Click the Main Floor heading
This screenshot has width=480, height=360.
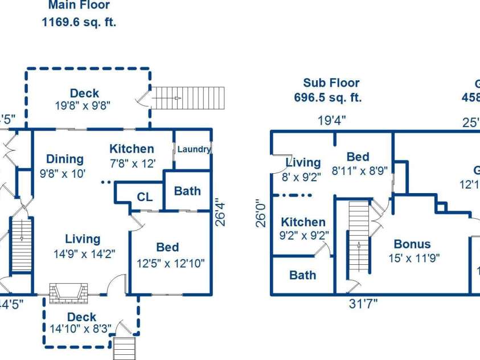[79, 6]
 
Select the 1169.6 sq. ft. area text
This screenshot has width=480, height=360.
[79, 23]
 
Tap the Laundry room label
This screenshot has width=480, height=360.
[194, 149]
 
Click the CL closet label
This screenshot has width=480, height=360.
[145, 197]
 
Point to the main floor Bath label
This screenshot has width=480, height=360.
[187, 191]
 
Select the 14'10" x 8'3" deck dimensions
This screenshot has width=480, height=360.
[81, 329]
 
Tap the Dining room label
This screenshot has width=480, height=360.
[65, 159]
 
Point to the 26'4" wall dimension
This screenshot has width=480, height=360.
[221, 212]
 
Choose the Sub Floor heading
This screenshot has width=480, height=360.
[331, 83]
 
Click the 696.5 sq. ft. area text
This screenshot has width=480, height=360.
[328, 97]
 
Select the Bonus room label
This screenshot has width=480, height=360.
[412, 244]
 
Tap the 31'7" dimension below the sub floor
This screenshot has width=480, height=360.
[363, 304]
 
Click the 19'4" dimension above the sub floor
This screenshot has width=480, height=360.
[333, 120]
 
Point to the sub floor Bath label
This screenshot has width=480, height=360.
[302, 275]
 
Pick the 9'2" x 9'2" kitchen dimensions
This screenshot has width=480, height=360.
[303, 235]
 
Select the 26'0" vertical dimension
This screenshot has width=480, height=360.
[261, 212]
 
